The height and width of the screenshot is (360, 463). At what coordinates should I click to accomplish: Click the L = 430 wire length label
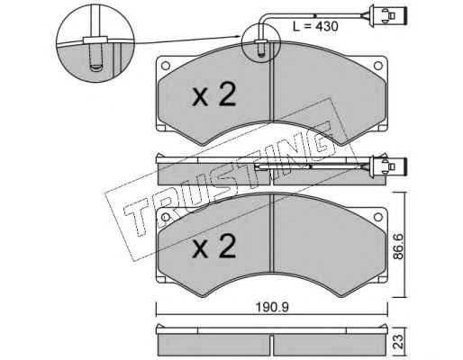tap(315, 26)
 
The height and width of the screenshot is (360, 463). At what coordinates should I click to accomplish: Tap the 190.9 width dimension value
tap(272, 307)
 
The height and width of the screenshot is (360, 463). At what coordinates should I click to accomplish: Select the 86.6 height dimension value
tap(399, 247)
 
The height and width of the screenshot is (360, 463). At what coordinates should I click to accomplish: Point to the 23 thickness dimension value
tap(397, 341)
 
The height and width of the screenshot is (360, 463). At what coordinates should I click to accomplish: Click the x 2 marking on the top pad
tap(214, 94)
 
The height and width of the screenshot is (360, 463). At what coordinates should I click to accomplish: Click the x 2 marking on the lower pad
tap(214, 247)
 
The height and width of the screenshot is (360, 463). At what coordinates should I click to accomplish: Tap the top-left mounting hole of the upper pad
tap(166, 66)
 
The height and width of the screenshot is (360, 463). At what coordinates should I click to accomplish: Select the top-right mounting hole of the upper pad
tap(377, 66)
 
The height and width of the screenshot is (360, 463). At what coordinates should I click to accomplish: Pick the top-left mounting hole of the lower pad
tap(166, 217)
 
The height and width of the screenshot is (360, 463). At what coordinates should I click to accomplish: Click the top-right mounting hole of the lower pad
tap(377, 217)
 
